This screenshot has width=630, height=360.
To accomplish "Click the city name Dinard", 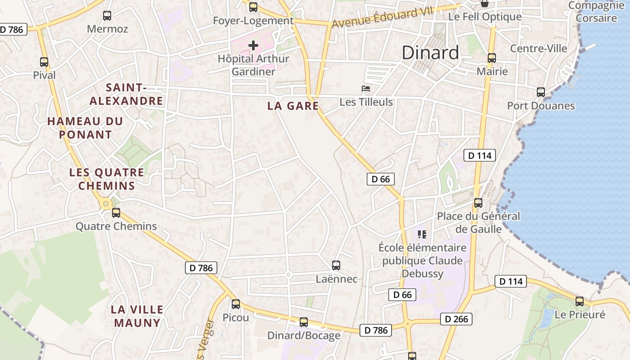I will [430, 53].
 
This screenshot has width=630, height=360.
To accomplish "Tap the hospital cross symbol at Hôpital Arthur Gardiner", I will [253, 45].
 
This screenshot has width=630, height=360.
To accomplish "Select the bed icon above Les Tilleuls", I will [366, 88].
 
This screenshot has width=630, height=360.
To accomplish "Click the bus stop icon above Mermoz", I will [107, 16].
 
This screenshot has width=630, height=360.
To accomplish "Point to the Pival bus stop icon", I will [44, 62].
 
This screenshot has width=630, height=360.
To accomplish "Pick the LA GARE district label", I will [293, 106].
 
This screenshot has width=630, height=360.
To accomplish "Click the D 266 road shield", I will [456, 319].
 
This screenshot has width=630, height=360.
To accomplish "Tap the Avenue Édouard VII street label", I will [382, 18].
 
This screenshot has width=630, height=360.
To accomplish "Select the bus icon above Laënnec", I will [336, 265].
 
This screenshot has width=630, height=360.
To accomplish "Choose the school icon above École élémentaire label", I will [422, 234].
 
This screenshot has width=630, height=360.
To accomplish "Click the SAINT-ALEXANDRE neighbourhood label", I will [126, 94].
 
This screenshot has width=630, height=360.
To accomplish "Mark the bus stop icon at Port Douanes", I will [541, 92].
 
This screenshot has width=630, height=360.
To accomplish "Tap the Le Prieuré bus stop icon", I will [580, 301].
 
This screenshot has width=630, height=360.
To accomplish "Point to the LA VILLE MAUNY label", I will [137, 316].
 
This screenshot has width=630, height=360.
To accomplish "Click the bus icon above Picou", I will [236, 304].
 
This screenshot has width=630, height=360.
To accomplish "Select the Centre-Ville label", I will [539, 48].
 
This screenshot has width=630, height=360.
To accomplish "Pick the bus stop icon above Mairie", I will [492, 58].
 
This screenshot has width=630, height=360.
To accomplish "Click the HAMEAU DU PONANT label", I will [85, 128].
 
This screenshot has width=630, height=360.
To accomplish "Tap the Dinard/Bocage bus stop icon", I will [304, 322].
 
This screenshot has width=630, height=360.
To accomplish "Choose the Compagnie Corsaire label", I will [596, 12].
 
